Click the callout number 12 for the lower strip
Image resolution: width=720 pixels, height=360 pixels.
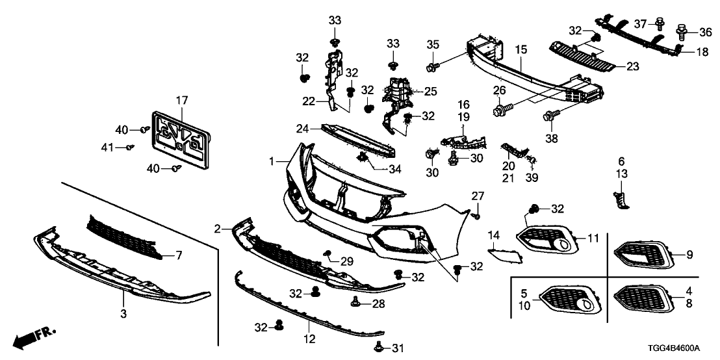point(309,339)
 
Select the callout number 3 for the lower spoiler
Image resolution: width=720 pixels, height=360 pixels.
point(123,313)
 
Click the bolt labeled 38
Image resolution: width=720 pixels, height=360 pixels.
point(550,117)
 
